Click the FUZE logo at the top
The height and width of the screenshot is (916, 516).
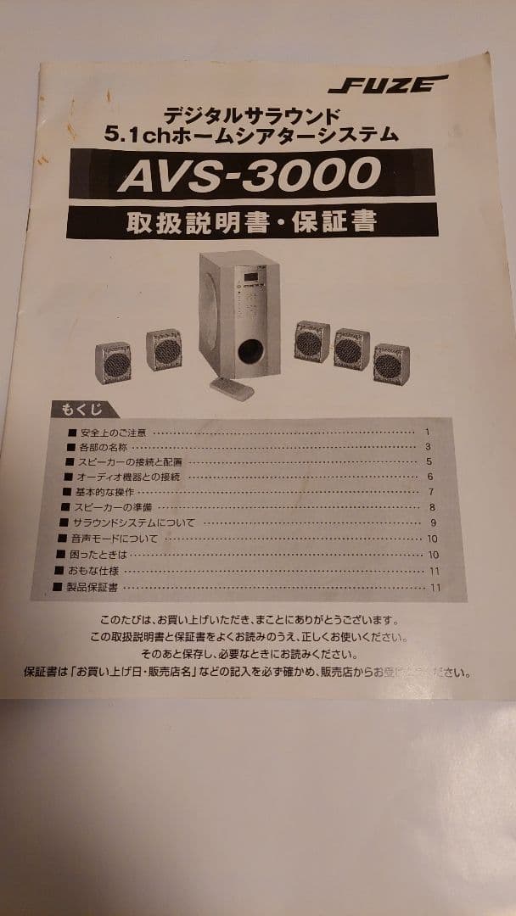[387, 83]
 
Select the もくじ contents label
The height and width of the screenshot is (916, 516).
[81, 411]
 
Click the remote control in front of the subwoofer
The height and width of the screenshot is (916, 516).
[233, 388]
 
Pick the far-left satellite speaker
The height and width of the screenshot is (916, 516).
[113, 362]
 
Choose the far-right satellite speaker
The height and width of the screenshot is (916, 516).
[391, 361]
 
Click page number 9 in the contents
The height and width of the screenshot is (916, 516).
[433, 522]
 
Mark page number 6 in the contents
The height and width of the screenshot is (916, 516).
[430, 477]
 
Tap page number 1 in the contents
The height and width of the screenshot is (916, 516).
[428, 432]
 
